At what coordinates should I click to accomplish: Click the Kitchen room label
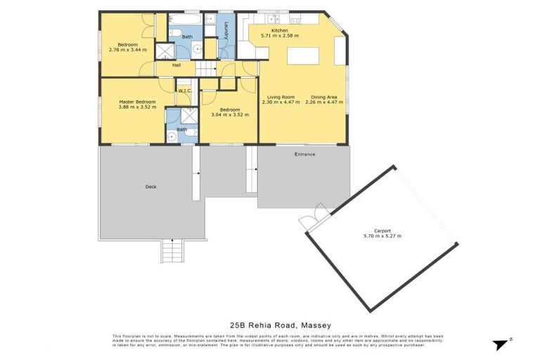click(279, 30)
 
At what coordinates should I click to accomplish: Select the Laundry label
click(226, 31)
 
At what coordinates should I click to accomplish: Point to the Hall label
click(177, 65)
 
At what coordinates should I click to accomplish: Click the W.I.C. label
click(185, 91)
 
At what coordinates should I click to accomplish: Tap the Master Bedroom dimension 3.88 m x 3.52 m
click(136, 108)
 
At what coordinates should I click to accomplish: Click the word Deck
click(150, 186)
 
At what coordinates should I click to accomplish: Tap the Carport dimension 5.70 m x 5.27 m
click(382, 236)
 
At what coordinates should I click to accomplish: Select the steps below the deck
click(171, 250)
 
